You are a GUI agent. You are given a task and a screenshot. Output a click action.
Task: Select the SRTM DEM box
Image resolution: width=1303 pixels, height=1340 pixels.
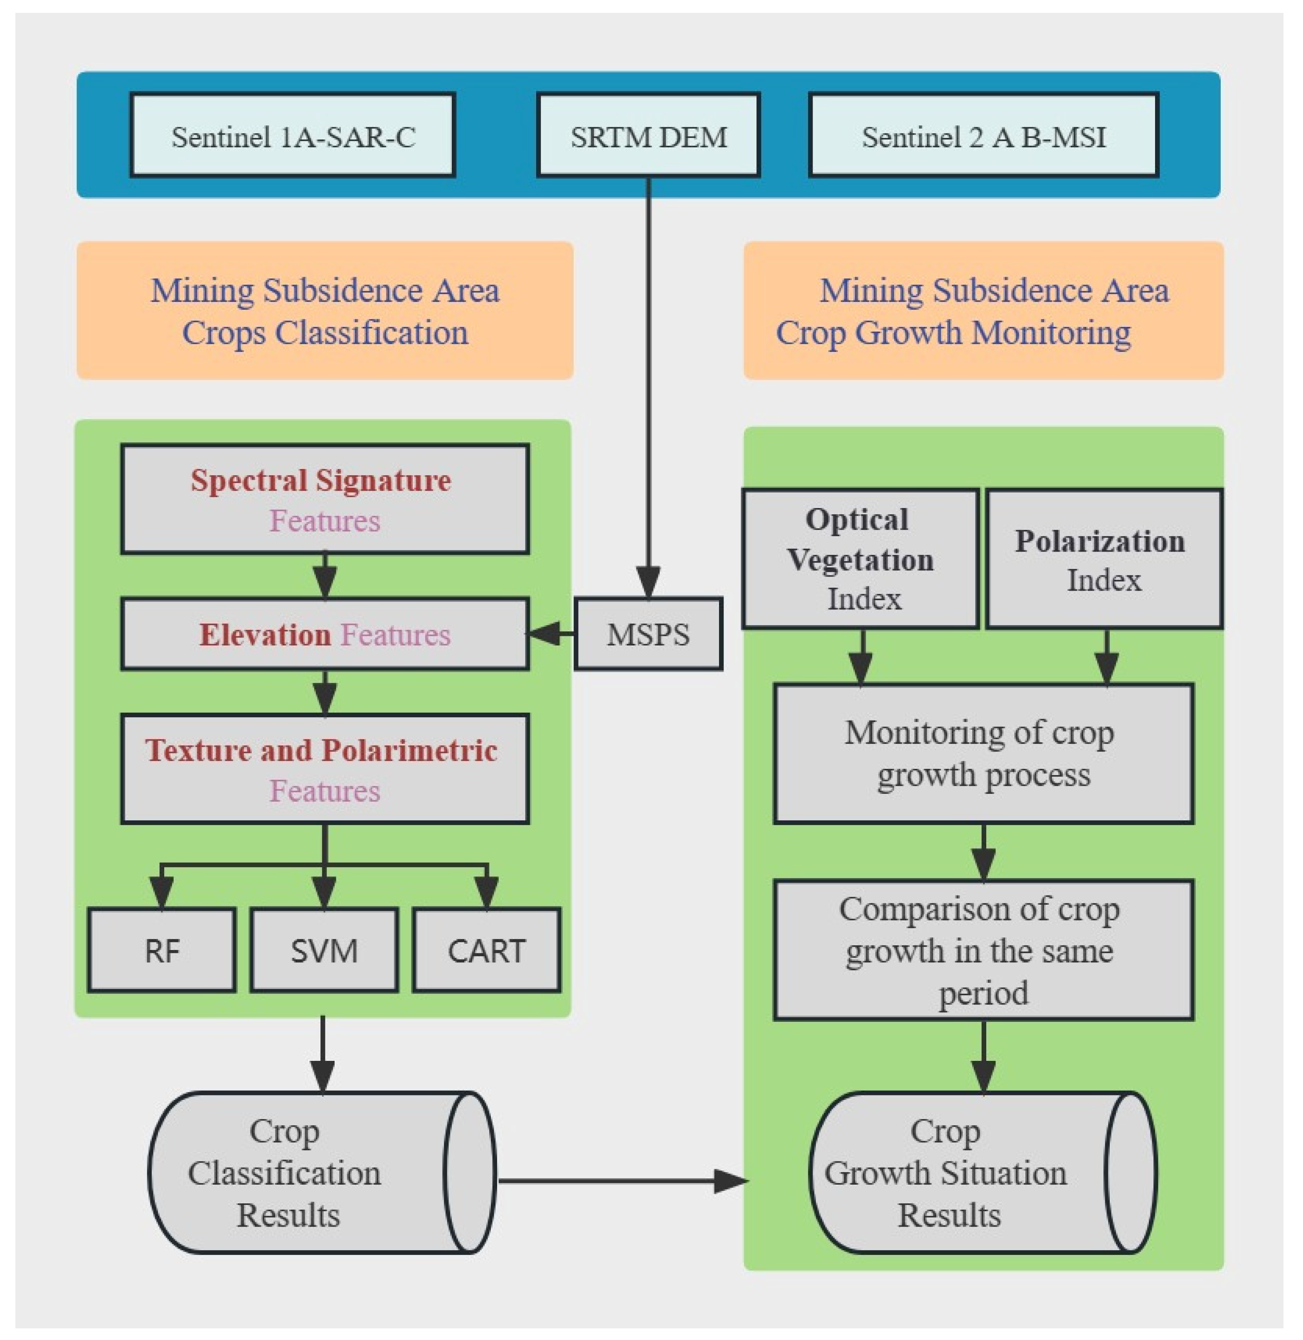[648, 135]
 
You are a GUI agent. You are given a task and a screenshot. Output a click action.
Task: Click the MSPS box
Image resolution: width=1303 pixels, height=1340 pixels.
[648, 634]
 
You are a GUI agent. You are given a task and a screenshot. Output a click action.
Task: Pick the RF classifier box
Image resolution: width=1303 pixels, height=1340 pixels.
[162, 950]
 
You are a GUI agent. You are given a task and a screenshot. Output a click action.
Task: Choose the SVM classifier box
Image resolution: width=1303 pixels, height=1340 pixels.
[324, 950]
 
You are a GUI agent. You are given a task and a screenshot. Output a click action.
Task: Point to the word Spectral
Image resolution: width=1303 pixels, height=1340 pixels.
[249, 480]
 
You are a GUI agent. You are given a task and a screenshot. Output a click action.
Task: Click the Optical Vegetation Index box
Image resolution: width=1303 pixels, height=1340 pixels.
[860, 559]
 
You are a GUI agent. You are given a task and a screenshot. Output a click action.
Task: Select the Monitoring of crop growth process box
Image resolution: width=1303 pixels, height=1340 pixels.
[983, 753]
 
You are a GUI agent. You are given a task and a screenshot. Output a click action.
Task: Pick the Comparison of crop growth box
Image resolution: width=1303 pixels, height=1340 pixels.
[983, 950]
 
